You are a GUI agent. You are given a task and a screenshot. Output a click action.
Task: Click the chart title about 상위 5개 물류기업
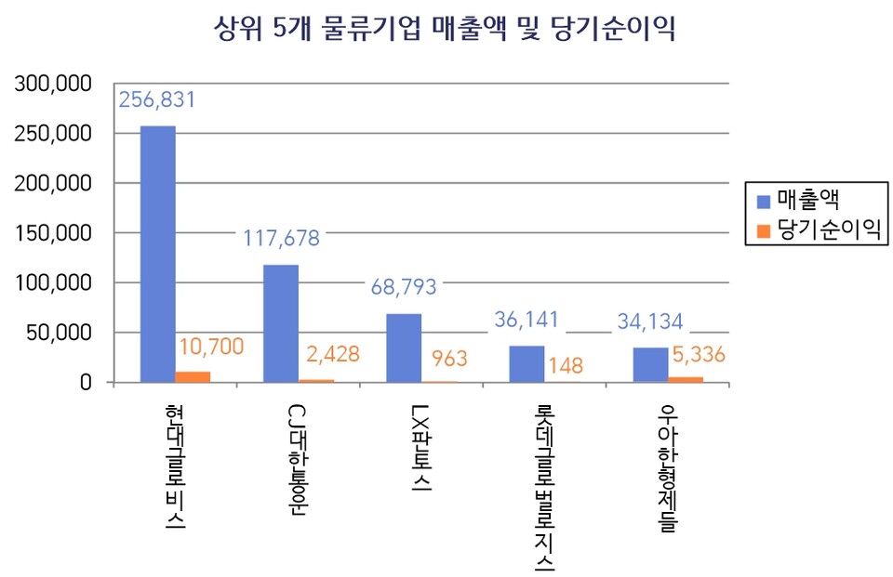[x=444, y=30]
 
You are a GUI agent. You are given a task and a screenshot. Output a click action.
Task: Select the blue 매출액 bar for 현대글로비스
[x=157, y=254]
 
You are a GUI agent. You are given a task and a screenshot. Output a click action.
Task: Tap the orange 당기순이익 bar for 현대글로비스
[x=193, y=376]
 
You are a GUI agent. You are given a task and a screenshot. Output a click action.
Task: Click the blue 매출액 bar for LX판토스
[x=404, y=348]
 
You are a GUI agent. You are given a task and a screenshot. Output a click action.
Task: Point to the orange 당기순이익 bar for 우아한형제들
[x=686, y=379]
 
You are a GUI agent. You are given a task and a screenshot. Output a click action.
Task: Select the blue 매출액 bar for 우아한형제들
[x=650, y=364]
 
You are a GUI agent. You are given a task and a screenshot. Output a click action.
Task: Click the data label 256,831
[x=157, y=100]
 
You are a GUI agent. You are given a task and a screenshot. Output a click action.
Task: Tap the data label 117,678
[x=281, y=239]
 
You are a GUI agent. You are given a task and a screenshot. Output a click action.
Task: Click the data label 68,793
[x=404, y=287]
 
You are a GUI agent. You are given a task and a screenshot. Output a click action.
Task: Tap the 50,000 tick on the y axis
[x=59, y=333]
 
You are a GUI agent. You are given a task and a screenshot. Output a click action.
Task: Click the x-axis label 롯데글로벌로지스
[x=544, y=488]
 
